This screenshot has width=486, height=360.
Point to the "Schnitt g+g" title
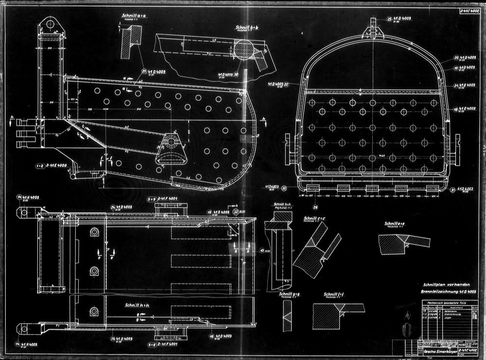coord(289,294)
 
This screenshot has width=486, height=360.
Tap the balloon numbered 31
coord(453,189)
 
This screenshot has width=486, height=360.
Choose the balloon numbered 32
coord(236,212)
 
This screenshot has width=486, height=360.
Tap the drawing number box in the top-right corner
coord(468,9)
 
